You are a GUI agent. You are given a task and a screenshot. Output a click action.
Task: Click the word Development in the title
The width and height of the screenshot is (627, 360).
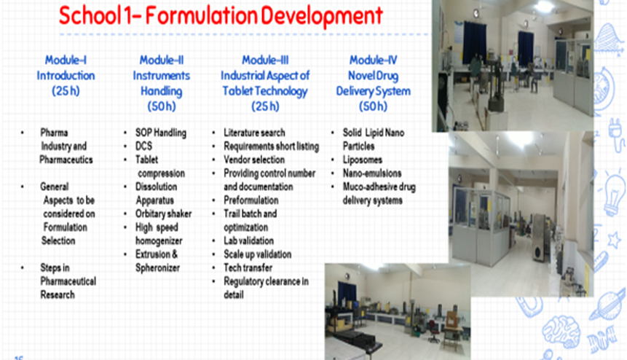322,16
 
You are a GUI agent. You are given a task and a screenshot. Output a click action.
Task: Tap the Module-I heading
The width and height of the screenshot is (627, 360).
66,60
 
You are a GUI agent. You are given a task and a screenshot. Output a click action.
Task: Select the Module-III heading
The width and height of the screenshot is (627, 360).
265,60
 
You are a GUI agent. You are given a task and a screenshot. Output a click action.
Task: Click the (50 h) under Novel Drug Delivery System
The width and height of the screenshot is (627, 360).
373,106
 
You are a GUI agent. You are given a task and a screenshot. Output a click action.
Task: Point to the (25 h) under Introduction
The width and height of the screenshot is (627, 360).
66,91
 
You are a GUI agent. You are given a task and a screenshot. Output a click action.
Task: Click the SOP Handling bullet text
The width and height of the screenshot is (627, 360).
161,133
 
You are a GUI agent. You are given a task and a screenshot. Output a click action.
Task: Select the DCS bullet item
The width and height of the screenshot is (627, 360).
143,146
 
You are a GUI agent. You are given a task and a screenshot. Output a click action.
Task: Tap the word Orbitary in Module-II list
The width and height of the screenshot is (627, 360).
150,214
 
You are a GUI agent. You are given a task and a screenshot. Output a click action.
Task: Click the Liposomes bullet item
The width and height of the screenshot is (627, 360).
362,160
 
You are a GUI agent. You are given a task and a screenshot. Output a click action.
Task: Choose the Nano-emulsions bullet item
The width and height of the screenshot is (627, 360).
372,173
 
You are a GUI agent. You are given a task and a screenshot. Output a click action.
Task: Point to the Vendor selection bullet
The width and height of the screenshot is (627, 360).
254,160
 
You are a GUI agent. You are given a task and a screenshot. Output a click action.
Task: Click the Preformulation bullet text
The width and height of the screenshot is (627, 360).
251,200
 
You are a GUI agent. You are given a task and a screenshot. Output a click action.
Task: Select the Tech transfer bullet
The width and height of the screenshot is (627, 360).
248,267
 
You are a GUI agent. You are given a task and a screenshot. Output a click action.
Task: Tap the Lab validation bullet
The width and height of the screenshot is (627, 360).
249,240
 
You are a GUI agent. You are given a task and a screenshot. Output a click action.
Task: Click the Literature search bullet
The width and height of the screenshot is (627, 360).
254,133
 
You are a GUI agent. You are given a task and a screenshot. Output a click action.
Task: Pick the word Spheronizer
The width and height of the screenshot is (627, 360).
157,268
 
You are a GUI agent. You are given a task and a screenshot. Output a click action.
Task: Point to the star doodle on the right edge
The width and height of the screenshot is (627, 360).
614,240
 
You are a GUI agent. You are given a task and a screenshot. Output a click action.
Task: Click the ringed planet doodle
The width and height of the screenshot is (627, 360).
608,305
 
